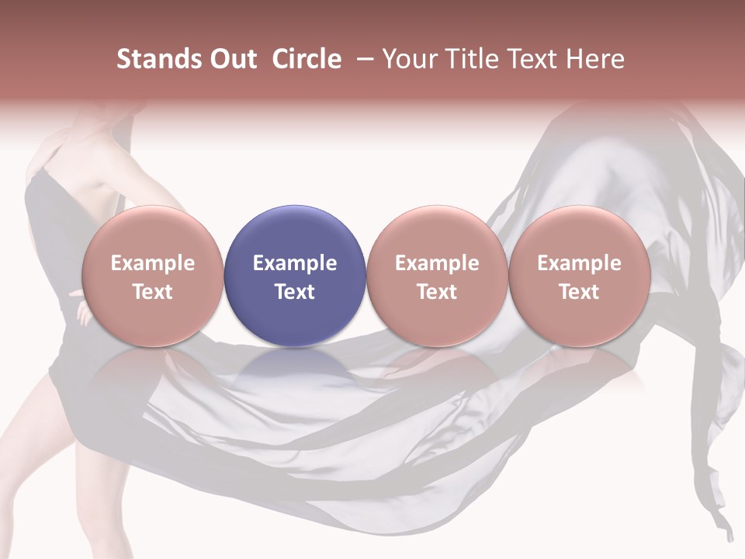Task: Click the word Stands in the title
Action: tap(159, 59)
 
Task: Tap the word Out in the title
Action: tap(232, 59)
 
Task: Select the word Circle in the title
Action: tap(307, 59)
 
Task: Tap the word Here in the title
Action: tap(594, 59)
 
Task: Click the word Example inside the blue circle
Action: tap(295, 263)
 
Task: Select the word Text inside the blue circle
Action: tap(295, 292)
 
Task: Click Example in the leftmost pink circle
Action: tap(153, 263)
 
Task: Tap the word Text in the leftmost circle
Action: tap(153, 292)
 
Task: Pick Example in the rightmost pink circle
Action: tap(579, 263)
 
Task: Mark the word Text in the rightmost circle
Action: tap(579, 292)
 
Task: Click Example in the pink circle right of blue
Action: tap(437, 263)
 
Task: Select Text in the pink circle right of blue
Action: tap(437, 292)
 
